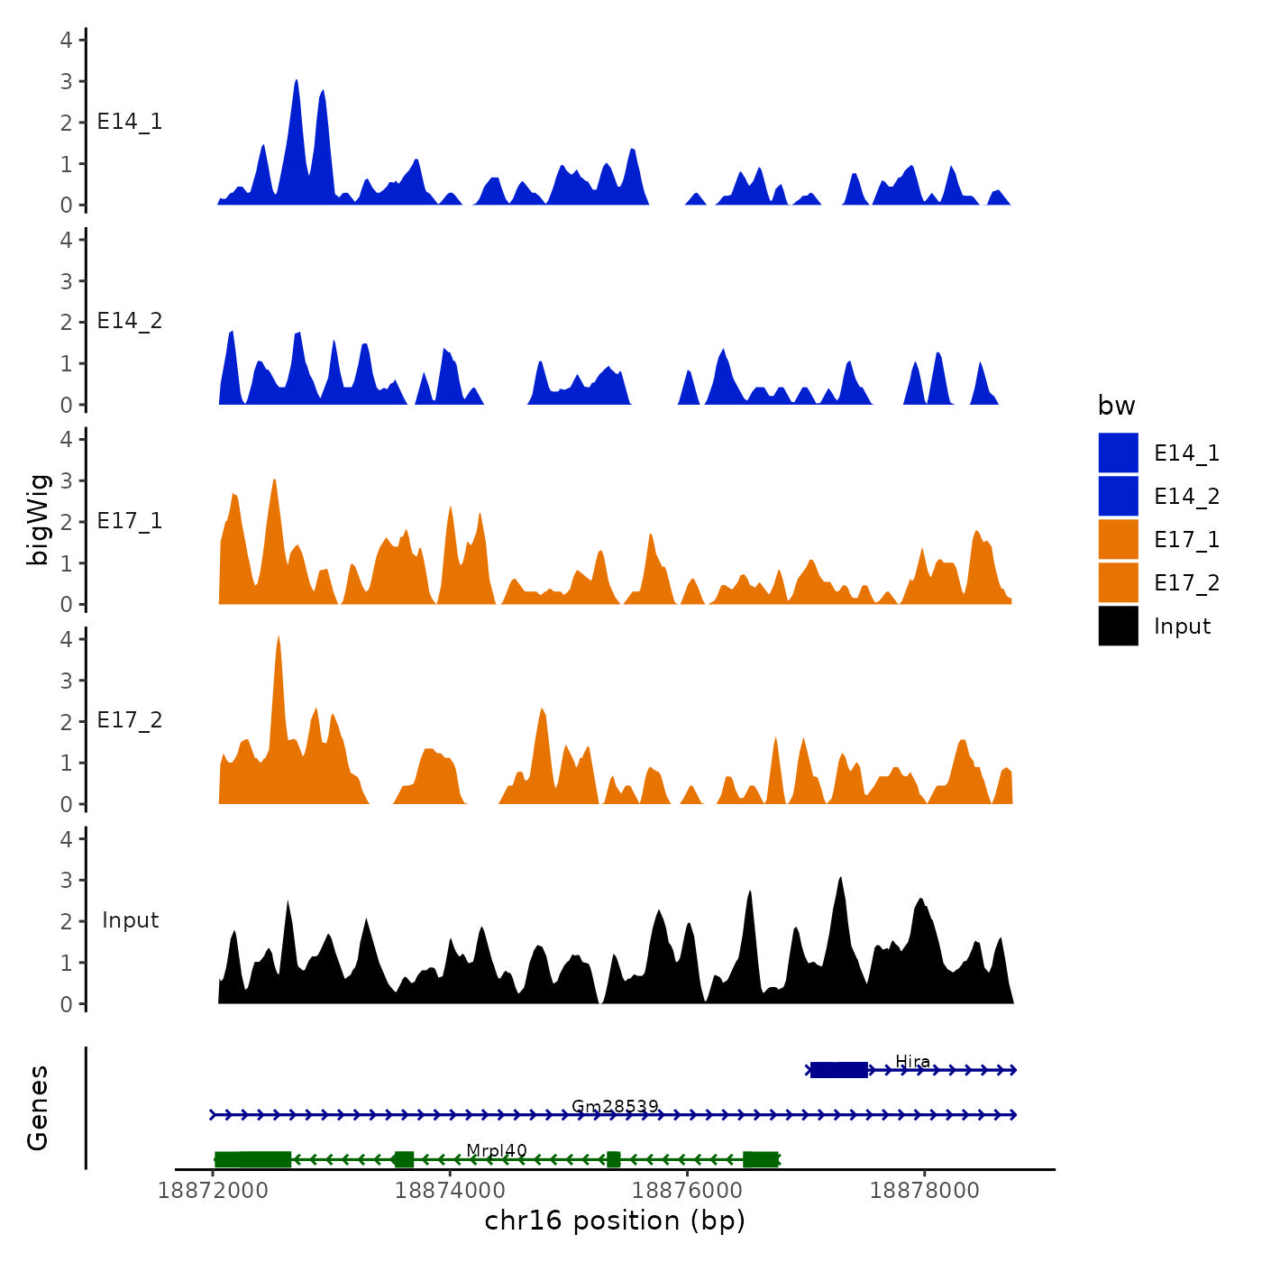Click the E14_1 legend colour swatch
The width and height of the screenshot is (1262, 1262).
(1118, 453)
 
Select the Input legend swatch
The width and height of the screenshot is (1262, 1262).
(1118, 626)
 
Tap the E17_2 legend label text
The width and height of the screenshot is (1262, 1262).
(1186, 583)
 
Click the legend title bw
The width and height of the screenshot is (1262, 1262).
(1116, 406)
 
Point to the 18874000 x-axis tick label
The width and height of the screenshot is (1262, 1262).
(450, 1190)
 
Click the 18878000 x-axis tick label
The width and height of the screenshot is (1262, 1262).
(924, 1190)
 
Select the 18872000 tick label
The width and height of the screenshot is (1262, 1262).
(213, 1190)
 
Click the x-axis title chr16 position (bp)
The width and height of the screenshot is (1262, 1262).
(615, 1221)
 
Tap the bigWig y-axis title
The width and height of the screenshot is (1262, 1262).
(38, 519)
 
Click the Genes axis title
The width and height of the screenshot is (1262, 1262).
(38, 1108)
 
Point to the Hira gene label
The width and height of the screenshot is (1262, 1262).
(912, 1061)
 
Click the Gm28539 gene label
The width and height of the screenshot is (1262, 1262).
(615, 1106)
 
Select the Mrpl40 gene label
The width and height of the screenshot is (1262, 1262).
(496, 1150)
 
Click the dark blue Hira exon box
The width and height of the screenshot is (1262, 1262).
(838, 1070)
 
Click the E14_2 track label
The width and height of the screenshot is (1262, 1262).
(130, 321)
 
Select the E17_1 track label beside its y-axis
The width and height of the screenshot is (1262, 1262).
(130, 521)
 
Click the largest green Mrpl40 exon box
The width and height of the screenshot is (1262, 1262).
(252, 1159)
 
